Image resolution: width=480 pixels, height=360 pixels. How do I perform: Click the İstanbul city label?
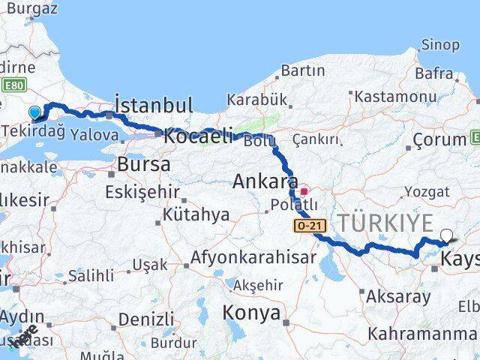[153, 104]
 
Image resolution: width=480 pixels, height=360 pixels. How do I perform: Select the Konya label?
[251, 312]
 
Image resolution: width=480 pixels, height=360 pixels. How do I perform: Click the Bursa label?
[144, 163]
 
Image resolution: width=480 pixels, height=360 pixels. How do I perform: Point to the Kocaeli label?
[197, 136]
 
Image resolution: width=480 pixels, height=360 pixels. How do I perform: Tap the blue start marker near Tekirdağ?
[34, 113]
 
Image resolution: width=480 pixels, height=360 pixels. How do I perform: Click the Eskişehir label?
[141, 191]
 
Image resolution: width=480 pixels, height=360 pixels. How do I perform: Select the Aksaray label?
[399, 296]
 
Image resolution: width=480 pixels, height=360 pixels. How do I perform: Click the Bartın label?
[302, 70]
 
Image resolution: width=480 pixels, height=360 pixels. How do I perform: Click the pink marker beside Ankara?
[304, 190]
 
